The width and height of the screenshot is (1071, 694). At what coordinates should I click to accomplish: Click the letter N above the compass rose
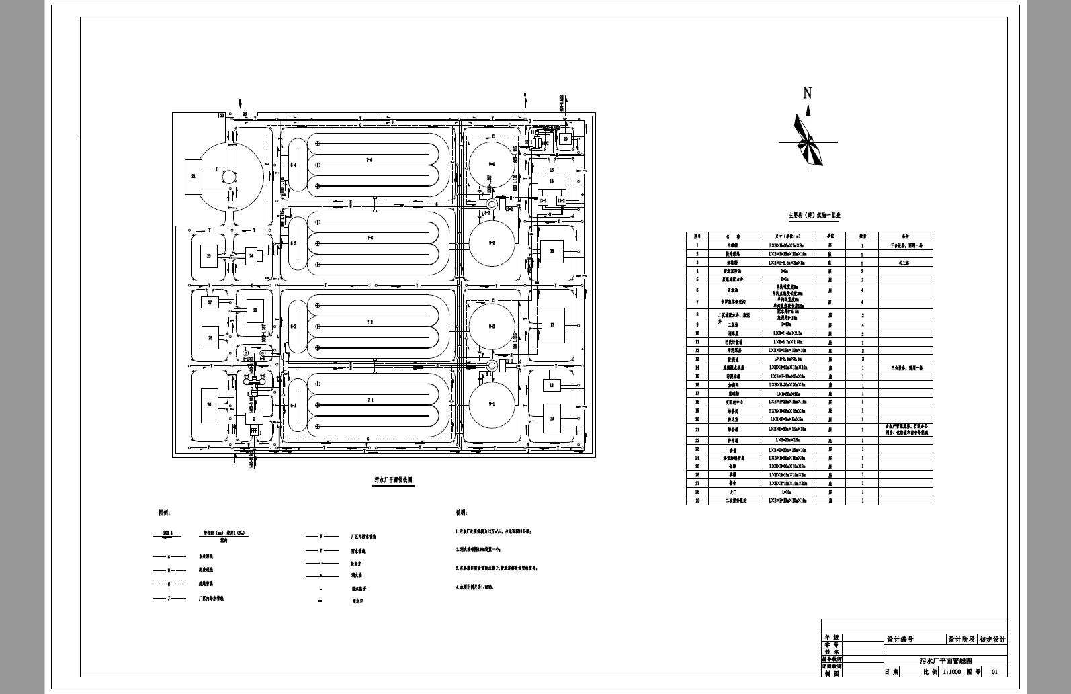point(808,93)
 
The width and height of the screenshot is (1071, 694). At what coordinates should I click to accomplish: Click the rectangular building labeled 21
point(194,177)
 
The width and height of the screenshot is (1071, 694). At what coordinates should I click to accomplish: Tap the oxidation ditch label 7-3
point(370,238)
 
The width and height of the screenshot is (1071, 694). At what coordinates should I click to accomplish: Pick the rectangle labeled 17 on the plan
point(552,325)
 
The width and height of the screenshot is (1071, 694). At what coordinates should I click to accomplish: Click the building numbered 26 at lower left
point(209,405)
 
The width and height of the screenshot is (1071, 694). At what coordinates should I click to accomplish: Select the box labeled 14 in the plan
point(552,181)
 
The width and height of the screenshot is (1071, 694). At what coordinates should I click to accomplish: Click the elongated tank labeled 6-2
point(293,327)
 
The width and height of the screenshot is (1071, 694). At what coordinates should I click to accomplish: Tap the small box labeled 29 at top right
point(566,139)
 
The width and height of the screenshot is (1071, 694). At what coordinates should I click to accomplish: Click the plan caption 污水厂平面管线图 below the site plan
point(394,480)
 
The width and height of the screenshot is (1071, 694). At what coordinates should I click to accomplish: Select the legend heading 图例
point(165,513)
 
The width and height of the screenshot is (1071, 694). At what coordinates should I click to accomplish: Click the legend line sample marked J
point(169,598)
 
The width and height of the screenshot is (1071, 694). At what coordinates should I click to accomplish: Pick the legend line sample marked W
point(320,537)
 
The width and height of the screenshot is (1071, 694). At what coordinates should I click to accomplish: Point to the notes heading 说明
point(461,513)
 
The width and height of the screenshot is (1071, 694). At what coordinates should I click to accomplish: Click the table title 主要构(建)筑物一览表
point(814,216)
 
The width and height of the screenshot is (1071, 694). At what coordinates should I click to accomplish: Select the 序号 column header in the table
point(697,236)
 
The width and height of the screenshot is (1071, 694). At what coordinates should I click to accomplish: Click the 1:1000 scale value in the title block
point(952,671)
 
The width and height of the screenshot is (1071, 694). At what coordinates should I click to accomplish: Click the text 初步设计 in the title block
point(992,640)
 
